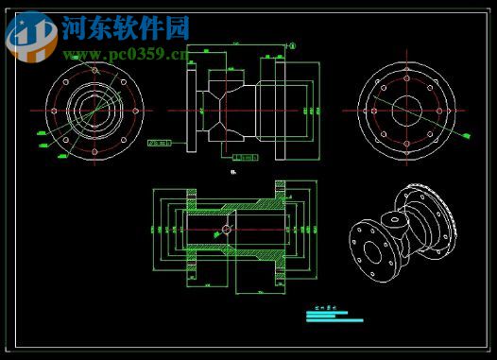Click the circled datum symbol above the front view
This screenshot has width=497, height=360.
292,44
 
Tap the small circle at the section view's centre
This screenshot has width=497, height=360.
227,230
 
